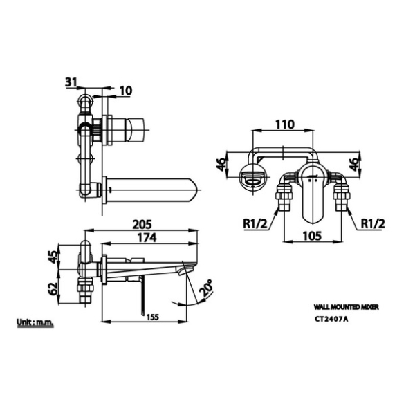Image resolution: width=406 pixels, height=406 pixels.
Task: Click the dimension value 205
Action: coord(142,224)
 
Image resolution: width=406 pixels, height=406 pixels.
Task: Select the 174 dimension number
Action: coord(147,238)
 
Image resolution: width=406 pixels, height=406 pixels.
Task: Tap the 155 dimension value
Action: coord(152,317)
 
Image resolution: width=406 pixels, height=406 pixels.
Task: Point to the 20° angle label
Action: coord(206,288)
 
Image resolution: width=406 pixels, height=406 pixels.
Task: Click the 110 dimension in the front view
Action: coord(285,124)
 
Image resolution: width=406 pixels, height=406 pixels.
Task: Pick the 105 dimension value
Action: coord(312,236)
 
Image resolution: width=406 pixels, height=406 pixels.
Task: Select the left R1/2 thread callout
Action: coord(255,223)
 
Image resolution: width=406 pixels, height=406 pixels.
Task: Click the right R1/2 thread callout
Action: coord(373,223)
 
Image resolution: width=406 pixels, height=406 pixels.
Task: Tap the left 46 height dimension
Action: coord(221,164)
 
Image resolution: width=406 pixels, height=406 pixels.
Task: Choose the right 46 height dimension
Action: coord(355,164)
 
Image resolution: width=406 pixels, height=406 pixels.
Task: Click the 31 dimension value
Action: coord(71,82)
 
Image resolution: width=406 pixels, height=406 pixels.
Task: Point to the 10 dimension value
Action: coord(126,91)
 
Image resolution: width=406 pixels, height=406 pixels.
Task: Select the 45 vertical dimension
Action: coord(53,257)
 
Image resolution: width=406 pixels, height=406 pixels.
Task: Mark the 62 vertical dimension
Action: coord(53,288)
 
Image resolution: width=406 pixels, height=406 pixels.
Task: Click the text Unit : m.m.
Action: coord(35,322)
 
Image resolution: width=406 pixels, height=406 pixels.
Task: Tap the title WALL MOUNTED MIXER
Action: coord(347,307)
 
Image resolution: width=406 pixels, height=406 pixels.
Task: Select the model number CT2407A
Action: coord(331,319)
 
